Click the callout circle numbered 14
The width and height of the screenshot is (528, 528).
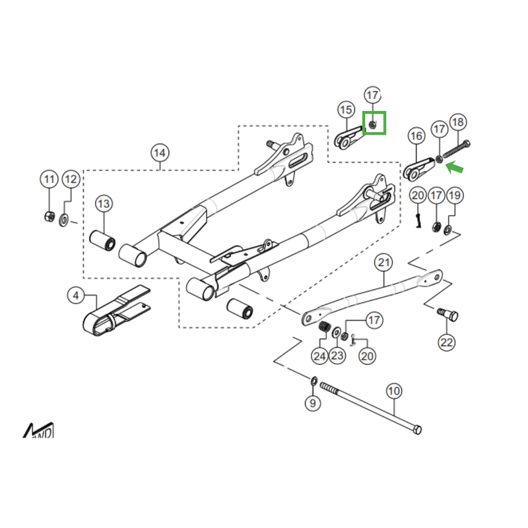[x=159, y=153]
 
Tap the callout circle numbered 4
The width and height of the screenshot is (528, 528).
[x=76, y=296]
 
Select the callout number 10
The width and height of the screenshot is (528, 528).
[x=393, y=391]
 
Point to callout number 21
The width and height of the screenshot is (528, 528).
[x=384, y=263]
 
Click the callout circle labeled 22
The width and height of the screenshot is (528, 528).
[x=447, y=343]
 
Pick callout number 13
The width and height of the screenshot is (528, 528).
[x=104, y=204]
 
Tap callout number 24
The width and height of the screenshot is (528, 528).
[x=320, y=356]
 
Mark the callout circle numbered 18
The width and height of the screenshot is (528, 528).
[x=457, y=122]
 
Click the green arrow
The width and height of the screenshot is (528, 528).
[x=455, y=170]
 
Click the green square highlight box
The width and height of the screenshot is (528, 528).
[x=374, y=123]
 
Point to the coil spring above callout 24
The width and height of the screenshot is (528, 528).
[x=324, y=328]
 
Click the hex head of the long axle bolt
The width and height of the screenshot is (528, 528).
[x=416, y=430]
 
